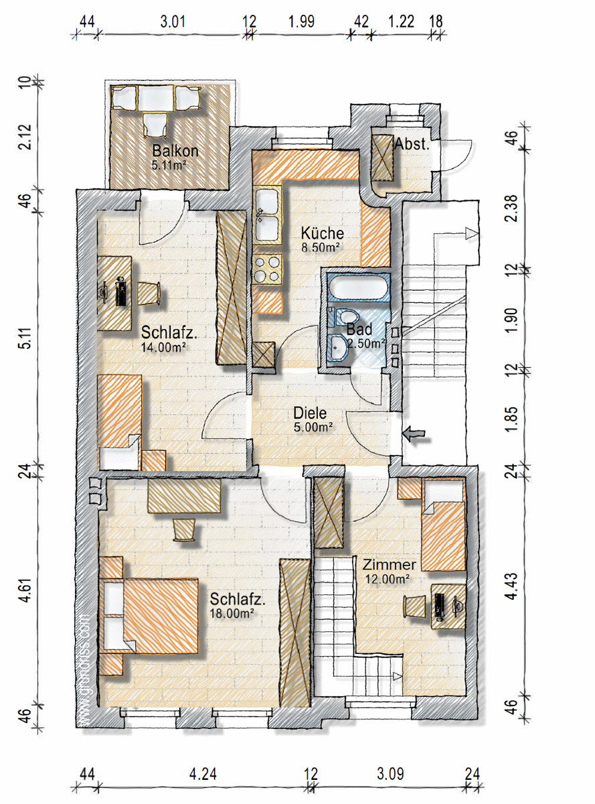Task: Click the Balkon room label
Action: pos(175,151)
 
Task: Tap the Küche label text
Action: pos(323,233)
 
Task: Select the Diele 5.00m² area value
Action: pos(313,427)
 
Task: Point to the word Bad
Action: pos(359,330)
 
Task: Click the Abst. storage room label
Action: pos(412,144)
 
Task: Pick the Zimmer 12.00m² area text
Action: pos(388,579)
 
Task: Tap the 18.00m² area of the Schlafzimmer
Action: pos(231,613)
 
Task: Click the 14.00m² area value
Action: pos(163,348)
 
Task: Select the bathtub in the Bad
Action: pos(358,287)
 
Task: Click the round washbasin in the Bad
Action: pos(337,347)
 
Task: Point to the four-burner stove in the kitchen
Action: pos(268,269)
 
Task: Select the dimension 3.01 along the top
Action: pos(173,21)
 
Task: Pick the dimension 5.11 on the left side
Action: pos(25,338)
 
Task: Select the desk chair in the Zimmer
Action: pos(415,606)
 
